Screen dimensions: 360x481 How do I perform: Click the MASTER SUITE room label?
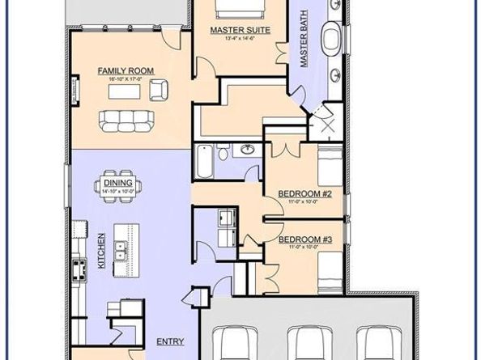tap(239, 31)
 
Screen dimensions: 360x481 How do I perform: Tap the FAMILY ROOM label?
tap(120, 71)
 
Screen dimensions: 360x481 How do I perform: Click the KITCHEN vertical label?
tap(102, 253)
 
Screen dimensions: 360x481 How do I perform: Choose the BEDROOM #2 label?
tap(300, 193)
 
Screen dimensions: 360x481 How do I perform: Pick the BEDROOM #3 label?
tap(300, 239)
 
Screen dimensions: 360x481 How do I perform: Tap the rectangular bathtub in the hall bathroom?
tap(203, 159)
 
